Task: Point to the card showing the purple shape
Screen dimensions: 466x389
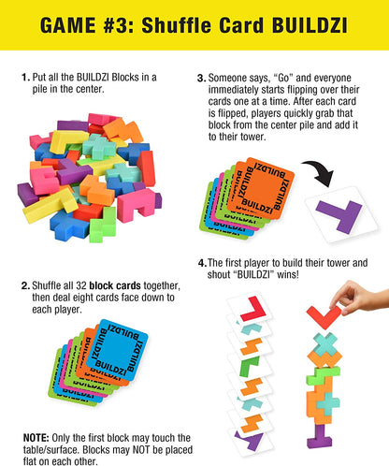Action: [x=250, y=440]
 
